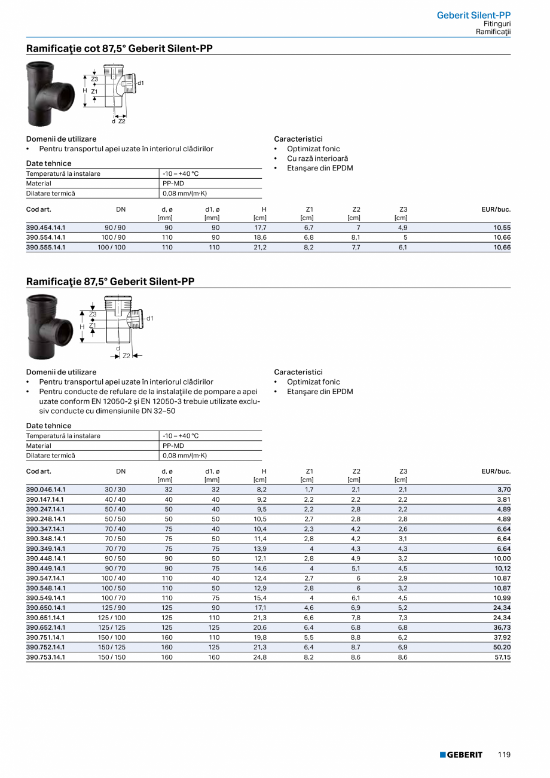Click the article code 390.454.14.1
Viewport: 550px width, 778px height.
46,228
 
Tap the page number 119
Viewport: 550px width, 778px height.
504,755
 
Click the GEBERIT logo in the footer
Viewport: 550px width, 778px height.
461,755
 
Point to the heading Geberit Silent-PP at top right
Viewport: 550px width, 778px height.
473,15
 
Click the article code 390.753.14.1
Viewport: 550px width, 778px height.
46,657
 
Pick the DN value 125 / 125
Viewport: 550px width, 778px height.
112,627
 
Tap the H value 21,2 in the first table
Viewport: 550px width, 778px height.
260,248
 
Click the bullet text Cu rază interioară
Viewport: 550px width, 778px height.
317,158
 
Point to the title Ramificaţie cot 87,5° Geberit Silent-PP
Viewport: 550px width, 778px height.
120,48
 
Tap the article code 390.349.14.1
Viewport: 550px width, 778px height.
46,549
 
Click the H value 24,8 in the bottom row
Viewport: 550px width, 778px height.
260,657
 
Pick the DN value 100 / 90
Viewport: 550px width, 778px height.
112,237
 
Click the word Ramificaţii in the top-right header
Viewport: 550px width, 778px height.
493,31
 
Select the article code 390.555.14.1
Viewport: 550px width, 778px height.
46,248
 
